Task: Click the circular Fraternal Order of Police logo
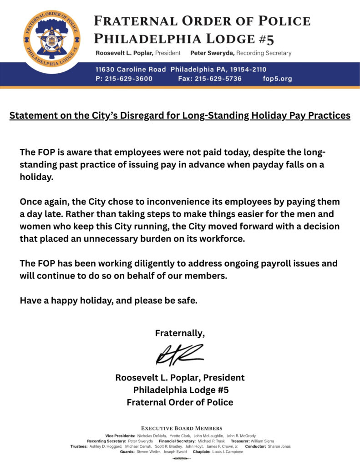pyautogui.click(x=51, y=39)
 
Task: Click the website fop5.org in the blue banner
pyautogui.click(x=277, y=79)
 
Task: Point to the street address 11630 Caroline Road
pyautogui.click(x=131, y=70)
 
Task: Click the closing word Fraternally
pyautogui.click(x=180, y=333)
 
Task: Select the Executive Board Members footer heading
pyautogui.click(x=182, y=428)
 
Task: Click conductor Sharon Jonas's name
pyautogui.click(x=279, y=446)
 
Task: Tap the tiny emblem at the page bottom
pyautogui.click(x=180, y=458)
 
